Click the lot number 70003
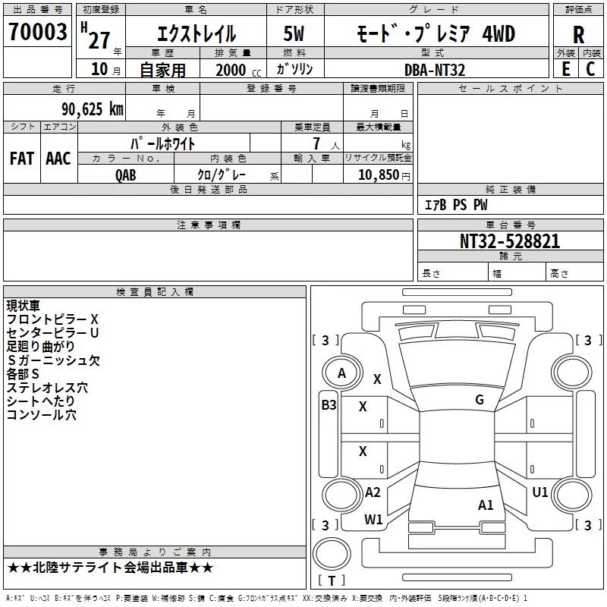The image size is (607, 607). point(37,32)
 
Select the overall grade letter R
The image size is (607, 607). point(578,35)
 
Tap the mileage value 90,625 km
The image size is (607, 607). point(92,109)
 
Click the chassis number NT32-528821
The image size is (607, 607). point(509,241)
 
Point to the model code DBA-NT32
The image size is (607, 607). point(434,70)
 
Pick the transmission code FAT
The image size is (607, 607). point(22,159)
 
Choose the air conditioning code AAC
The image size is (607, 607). point(58,159)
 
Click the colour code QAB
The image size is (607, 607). point(125,175)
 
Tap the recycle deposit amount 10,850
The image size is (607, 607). point(378,175)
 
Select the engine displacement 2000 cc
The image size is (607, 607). point(238,70)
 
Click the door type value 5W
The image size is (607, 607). point(294,33)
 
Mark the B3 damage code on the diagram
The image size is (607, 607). point(329,405)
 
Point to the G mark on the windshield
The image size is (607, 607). point(480,400)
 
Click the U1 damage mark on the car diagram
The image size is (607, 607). point(540,492)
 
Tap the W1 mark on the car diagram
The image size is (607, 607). point(373,519)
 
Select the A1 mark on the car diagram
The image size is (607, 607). point(486,505)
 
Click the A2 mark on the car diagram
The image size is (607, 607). point(373,492)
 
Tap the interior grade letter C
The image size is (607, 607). point(590,69)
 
